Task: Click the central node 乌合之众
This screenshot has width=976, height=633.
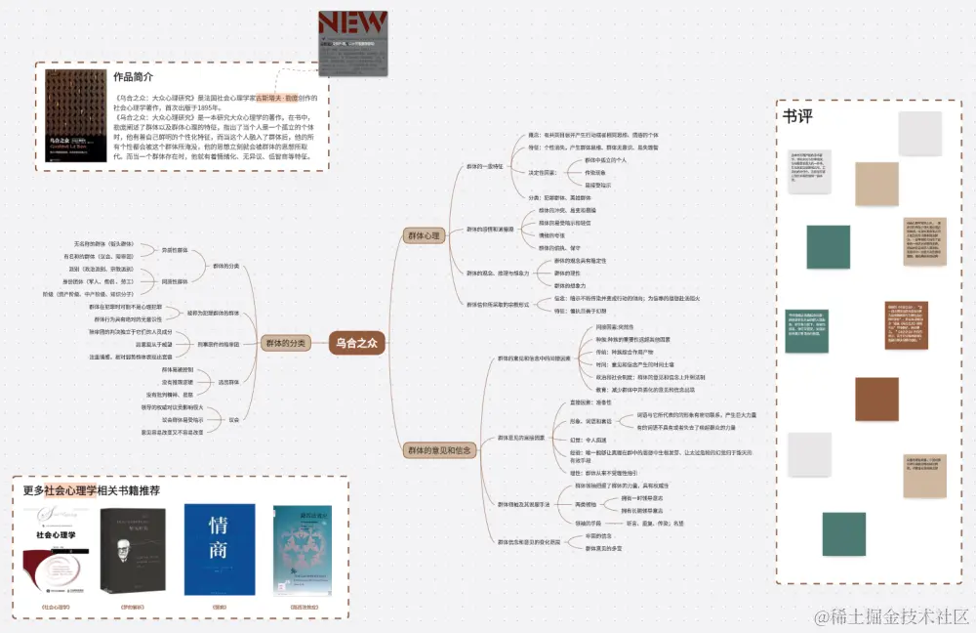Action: [x=356, y=342]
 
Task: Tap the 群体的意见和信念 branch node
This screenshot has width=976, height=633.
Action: [x=436, y=450]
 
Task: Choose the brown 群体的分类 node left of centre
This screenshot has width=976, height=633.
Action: [x=285, y=343]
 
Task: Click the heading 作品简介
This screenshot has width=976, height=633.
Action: [x=134, y=76]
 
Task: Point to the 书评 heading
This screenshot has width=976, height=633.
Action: [x=797, y=116]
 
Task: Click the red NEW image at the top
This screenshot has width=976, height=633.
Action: [x=352, y=42]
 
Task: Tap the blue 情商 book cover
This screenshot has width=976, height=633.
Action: [x=219, y=550]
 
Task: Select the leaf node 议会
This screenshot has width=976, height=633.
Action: [x=233, y=419]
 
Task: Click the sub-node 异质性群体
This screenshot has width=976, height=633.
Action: [x=175, y=250]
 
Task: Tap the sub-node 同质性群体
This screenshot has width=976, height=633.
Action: [x=175, y=280]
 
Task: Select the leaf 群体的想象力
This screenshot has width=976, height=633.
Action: [x=574, y=284]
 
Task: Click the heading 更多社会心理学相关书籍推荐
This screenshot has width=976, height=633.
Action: [x=92, y=490]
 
